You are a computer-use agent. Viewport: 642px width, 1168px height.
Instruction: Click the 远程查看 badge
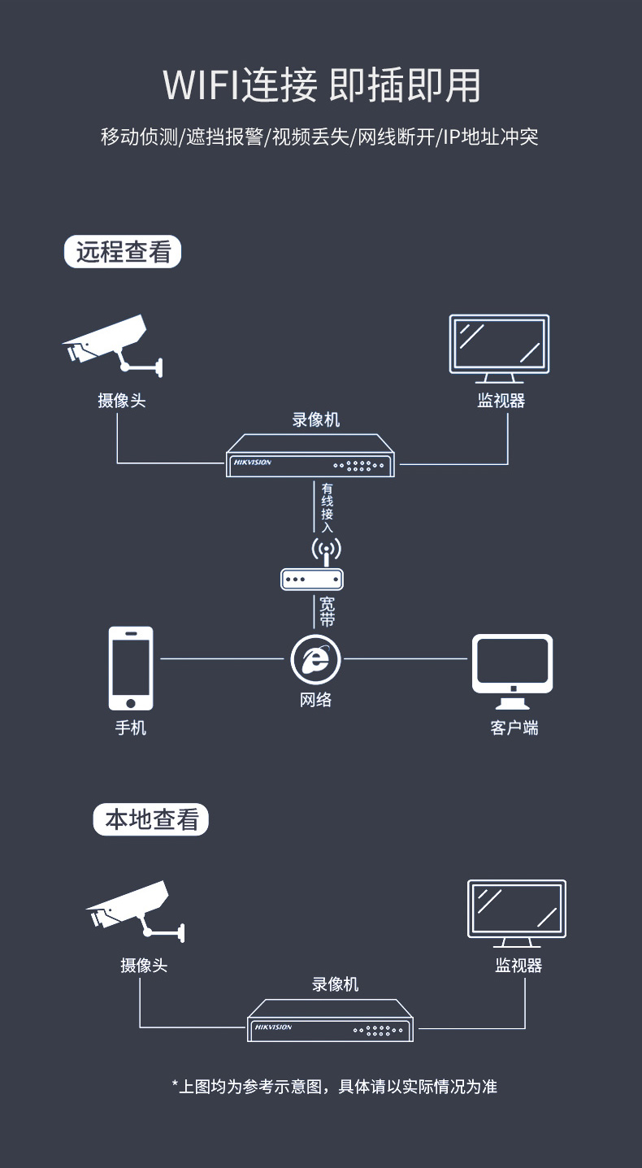click(123, 252)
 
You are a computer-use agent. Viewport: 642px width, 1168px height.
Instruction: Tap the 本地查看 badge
click(150, 819)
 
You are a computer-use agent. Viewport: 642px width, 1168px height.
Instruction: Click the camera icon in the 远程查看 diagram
click(113, 345)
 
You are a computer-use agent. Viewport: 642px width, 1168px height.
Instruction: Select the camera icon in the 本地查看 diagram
click(135, 911)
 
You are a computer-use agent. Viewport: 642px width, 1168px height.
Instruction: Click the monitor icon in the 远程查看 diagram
click(499, 349)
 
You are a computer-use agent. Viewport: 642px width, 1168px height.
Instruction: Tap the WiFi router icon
click(312, 564)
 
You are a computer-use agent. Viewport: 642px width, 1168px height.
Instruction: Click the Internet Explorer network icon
click(315, 660)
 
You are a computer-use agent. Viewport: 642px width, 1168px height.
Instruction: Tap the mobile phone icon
click(131, 668)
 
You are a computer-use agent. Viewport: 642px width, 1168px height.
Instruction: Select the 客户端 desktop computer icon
click(512, 671)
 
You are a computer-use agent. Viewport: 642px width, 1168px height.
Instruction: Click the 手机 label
click(130, 727)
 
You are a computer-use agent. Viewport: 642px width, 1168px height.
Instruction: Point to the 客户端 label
click(514, 727)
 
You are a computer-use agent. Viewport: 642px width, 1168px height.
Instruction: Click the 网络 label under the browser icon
click(315, 700)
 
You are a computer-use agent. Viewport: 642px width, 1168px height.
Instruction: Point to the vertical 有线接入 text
click(327, 508)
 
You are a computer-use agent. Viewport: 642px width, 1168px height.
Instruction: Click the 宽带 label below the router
click(327, 612)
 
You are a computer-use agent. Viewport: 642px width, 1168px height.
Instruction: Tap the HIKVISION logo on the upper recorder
click(253, 462)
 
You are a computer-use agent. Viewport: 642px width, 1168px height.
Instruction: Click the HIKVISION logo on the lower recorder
click(273, 1027)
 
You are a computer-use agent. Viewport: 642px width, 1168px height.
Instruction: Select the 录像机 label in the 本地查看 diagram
click(336, 984)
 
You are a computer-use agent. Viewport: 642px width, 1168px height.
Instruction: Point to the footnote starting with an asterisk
click(334, 1087)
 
